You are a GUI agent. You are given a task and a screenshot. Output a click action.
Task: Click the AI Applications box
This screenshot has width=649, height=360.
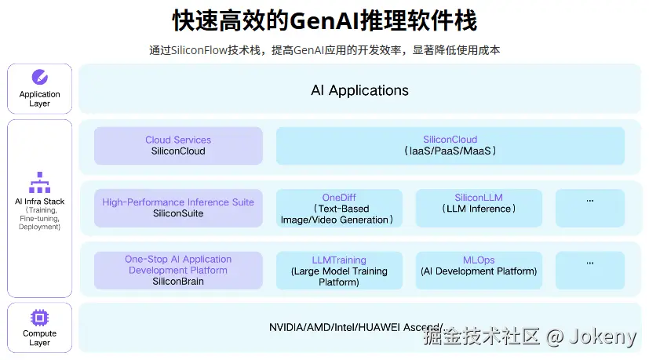(x=359, y=90)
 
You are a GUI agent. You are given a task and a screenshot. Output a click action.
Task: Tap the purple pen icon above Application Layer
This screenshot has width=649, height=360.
(x=39, y=77)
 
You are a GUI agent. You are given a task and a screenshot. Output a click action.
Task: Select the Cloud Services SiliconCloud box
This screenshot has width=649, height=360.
(x=178, y=146)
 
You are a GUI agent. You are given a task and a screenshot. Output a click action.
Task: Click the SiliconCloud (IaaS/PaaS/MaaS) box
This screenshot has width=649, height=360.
(x=450, y=146)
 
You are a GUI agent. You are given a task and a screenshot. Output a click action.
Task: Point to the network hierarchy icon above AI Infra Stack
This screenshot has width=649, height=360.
(x=39, y=183)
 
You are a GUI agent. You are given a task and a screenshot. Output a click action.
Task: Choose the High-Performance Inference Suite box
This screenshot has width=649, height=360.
(x=178, y=208)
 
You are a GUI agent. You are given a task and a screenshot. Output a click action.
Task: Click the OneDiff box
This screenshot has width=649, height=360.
(x=339, y=209)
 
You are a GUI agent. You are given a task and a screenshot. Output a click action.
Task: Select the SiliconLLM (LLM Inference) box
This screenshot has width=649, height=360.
(x=479, y=209)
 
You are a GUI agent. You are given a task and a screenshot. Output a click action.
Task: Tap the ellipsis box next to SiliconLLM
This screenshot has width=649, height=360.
(x=590, y=209)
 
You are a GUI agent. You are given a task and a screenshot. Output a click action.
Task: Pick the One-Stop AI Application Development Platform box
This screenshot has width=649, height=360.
(x=178, y=270)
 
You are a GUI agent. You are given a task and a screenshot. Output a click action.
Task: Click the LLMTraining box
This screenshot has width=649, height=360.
(x=339, y=271)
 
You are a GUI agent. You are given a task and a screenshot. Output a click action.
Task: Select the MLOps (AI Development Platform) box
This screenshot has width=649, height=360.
(x=479, y=271)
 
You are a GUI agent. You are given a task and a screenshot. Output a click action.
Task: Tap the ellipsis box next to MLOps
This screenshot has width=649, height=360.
(x=590, y=271)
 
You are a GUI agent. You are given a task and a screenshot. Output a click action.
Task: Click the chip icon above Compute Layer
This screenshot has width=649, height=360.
(x=39, y=317)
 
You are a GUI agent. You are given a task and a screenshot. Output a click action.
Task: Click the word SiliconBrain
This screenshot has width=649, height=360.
(x=178, y=282)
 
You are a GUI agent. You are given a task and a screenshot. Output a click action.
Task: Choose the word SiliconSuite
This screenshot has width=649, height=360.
(x=178, y=213)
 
